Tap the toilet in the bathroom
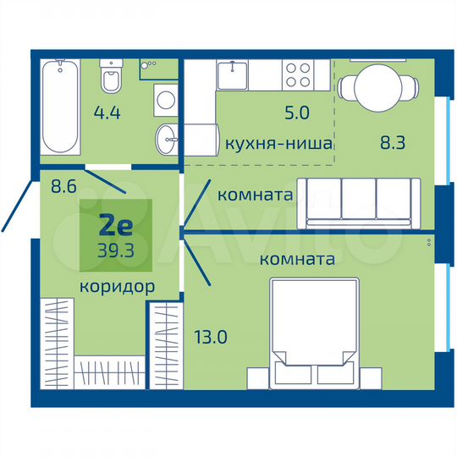click(x=110, y=79)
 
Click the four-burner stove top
click(x=297, y=74)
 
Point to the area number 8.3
click(x=394, y=143)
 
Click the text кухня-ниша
click(x=278, y=143)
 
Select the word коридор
click(x=117, y=286)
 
